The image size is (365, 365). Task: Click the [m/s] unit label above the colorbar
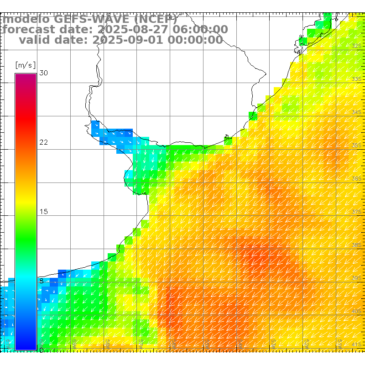tap(25, 65)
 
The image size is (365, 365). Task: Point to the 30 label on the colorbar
tap(43, 73)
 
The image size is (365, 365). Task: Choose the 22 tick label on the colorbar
tap(43, 142)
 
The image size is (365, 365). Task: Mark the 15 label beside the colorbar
tap(43, 212)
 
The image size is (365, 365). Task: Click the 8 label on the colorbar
tap(42, 281)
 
